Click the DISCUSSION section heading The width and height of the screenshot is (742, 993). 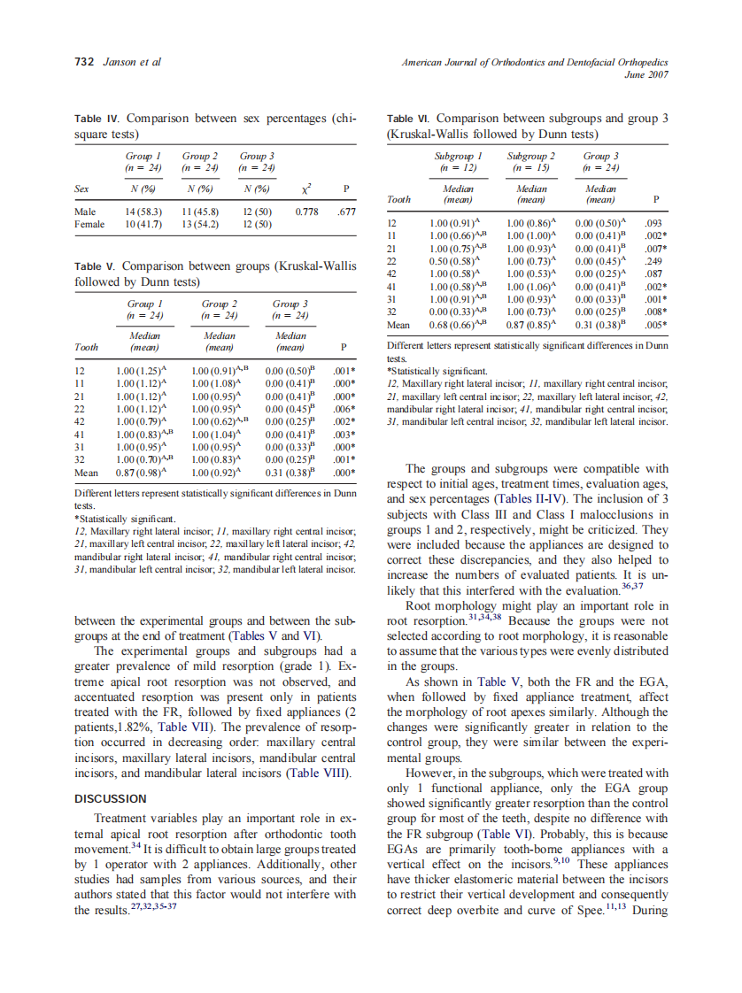(x=110, y=798)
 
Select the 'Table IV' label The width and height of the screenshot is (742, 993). (x=95, y=118)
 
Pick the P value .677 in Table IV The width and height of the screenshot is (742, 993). (x=346, y=212)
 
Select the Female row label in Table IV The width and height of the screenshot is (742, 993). (x=89, y=224)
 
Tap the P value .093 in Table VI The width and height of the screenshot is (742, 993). (x=654, y=225)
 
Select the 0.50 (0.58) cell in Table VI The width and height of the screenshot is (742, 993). (x=453, y=262)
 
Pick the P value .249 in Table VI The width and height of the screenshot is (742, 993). (x=654, y=262)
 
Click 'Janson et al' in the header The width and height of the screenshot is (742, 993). (x=132, y=61)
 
